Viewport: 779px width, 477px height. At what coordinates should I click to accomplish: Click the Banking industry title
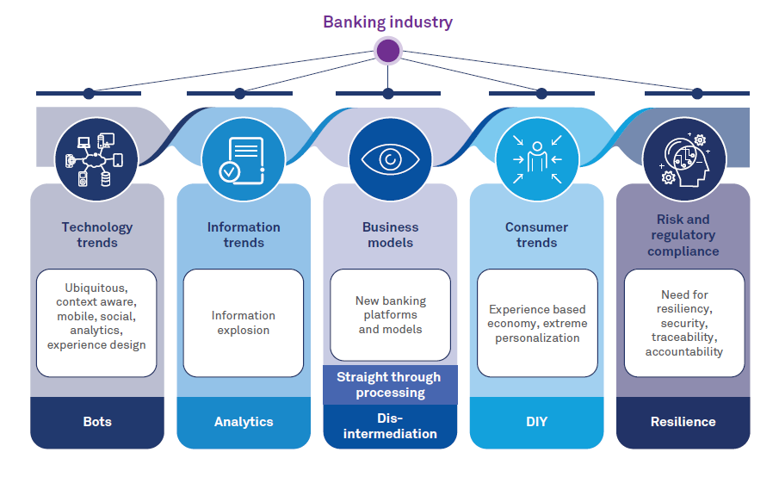pyautogui.click(x=387, y=22)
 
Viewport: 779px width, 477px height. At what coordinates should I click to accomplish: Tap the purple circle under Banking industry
pyautogui.click(x=388, y=51)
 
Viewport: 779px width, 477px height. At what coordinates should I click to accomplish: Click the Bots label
pyautogui.click(x=97, y=422)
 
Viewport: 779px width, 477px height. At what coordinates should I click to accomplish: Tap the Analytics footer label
pyautogui.click(x=244, y=422)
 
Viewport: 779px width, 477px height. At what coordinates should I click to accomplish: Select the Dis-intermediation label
pyautogui.click(x=390, y=426)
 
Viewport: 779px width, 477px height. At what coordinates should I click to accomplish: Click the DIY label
pyautogui.click(x=537, y=422)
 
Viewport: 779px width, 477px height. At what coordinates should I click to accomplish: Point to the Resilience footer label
pyautogui.click(x=683, y=422)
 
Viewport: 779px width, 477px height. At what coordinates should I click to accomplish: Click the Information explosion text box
pyautogui.click(x=244, y=323)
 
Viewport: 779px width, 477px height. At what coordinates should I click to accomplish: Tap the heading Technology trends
pyautogui.click(x=97, y=235)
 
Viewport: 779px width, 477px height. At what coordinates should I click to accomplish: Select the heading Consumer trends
pyautogui.click(x=537, y=235)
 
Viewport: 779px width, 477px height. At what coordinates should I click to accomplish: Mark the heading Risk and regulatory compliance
pyautogui.click(x=683, y=235)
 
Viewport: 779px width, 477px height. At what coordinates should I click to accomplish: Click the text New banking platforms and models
pyautogui.click(x=391, y=315)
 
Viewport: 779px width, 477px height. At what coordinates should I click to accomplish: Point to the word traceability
pyautogui.click(x=684, y=338)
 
